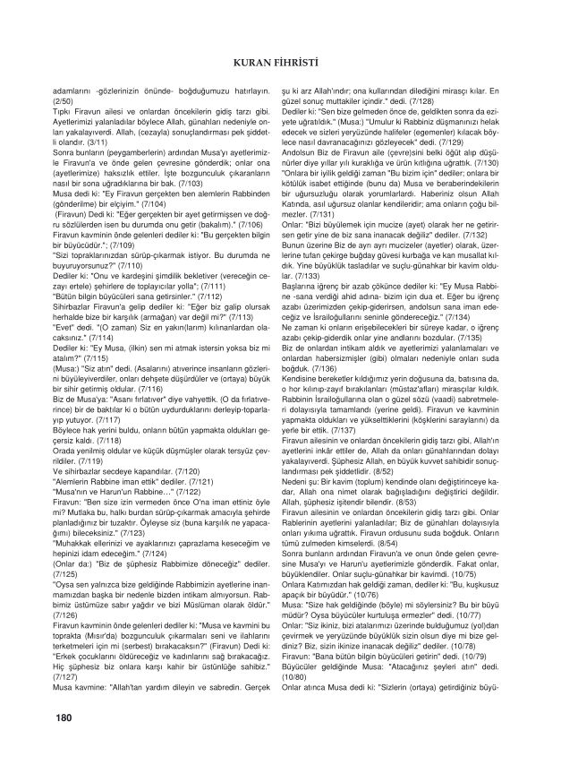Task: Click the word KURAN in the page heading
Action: click(254, 63)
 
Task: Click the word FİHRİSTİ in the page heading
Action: click(303, 63)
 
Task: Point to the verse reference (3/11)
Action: click(74, 142)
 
